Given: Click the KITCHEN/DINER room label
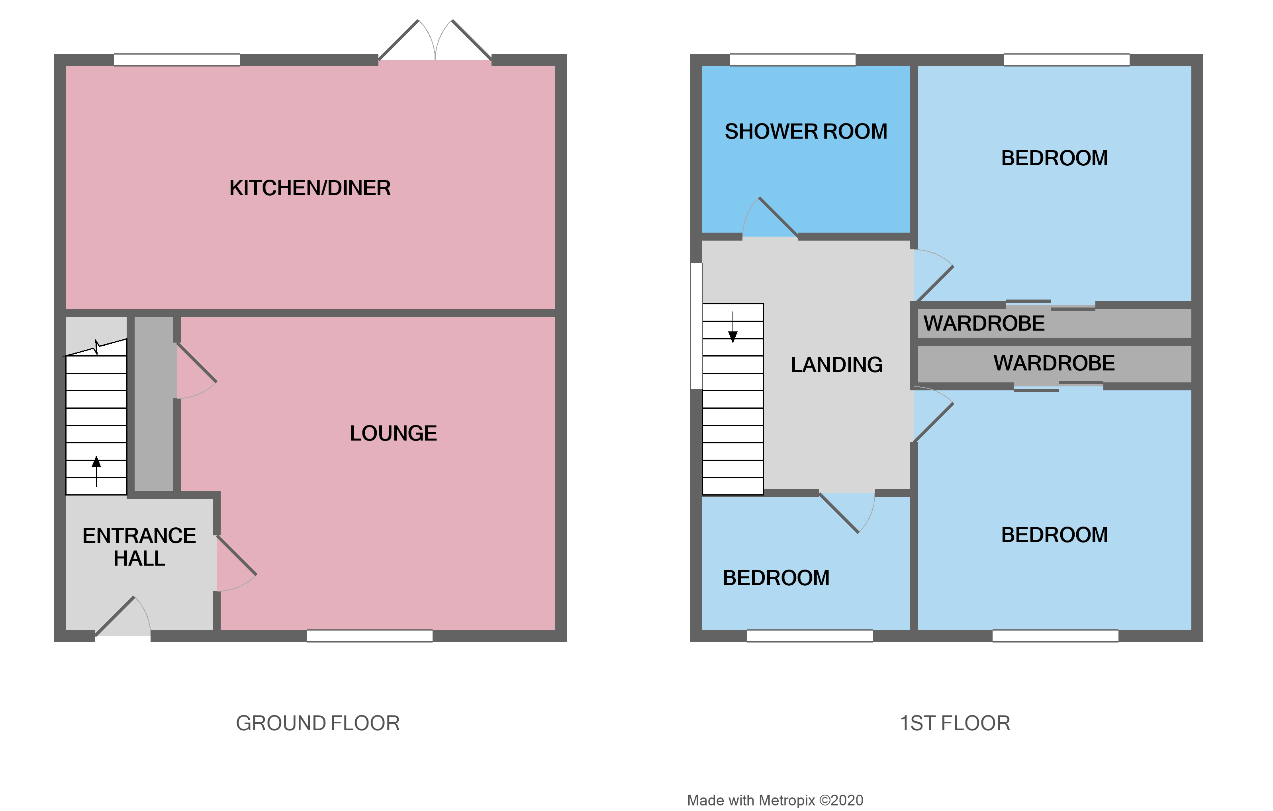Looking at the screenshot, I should [310, 188].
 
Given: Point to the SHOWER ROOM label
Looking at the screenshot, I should [806, 131].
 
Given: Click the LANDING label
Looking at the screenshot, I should [836, 365].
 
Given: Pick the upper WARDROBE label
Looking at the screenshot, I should [984, 323].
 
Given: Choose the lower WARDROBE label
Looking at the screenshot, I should [1054, 363].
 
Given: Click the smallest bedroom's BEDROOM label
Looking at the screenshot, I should [776, 578].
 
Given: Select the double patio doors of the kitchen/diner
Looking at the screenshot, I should [435, 42].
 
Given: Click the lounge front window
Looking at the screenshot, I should [370, 636].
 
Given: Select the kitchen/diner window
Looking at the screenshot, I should [176, 60].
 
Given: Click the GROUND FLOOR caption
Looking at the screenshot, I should [318, 723].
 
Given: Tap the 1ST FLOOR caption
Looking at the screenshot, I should [955, 723].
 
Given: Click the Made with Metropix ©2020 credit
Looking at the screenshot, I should [775, 800].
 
